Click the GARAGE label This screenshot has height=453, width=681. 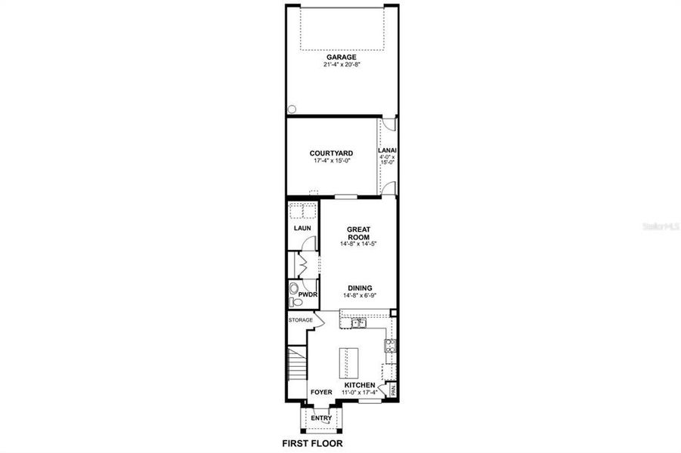[341, 57]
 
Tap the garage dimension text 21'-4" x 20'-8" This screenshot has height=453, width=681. [341, 65]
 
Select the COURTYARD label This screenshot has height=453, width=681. [331, 153]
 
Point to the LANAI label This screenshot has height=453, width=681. [387, 150]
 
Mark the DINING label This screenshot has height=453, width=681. [359, 288]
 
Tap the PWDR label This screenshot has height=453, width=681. [307, 294]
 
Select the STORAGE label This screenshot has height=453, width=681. [300, 320]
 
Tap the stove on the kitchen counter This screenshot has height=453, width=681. [390, 346]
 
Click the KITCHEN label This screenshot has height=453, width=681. [360, 386]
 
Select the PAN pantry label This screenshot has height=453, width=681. [392, 390]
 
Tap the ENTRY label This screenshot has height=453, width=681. [320, 418]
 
